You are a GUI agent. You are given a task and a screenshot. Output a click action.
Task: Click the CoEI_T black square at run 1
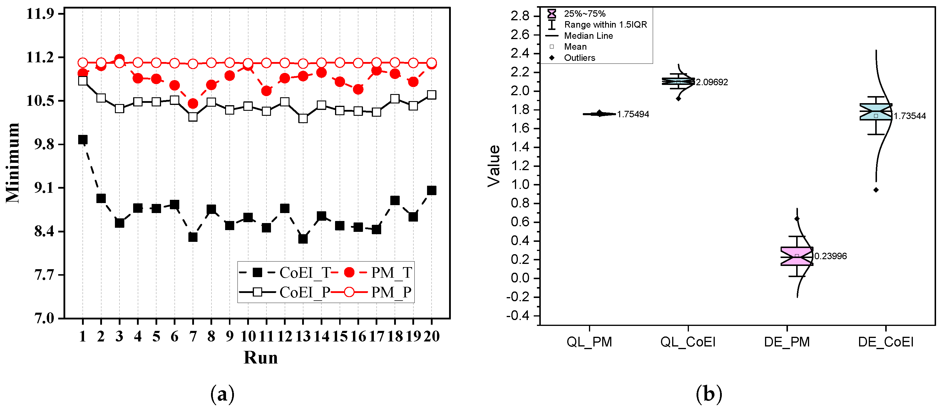tap(83, 140)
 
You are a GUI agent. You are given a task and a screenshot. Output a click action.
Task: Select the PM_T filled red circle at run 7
tap(193, 104)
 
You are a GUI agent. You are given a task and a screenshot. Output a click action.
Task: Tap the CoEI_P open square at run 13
tap(303, 118)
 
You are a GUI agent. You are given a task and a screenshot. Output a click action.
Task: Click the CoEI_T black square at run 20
tap(432, 190)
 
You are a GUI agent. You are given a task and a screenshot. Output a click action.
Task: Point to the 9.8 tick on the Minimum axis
tap(44, 144)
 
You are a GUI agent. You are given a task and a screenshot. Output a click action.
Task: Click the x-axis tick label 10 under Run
tap(248, 336)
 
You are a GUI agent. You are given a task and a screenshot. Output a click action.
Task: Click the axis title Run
tap(261, 357)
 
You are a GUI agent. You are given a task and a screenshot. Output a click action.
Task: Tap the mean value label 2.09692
tap(712, 82)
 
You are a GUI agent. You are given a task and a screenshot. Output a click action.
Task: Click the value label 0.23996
tap(830, 256)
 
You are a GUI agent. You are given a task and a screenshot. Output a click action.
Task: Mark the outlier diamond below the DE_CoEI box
tap(876, 190)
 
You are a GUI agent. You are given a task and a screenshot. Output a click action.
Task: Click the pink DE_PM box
tap(797, 256)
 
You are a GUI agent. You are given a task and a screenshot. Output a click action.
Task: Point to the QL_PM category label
tap(589, 342)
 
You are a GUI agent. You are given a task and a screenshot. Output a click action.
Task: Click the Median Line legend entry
tap(588, 36)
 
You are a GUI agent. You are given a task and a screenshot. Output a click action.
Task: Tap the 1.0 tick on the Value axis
tap(520, 184)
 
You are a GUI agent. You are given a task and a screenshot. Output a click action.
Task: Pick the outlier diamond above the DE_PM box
tap(797, 219)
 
